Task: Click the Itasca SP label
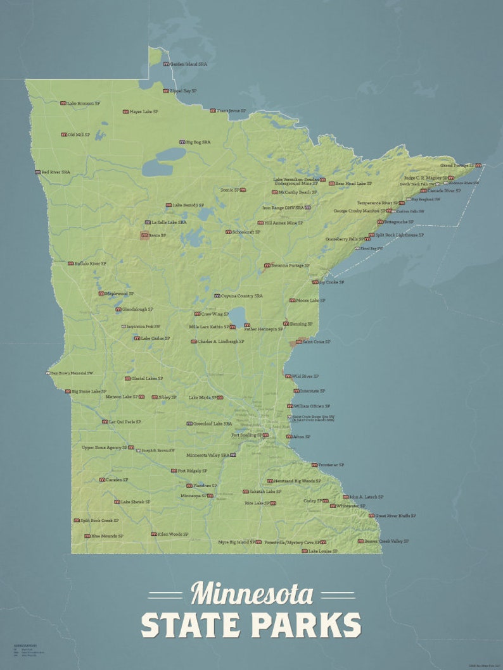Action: coord(158,235)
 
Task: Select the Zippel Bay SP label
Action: coord(183,91)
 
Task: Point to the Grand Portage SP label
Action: coord(457,165)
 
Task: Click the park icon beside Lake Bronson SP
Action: coord(63,103)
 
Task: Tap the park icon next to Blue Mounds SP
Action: coord(87,536)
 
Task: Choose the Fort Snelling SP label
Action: coord(246,435)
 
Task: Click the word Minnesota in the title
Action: coord(251,594)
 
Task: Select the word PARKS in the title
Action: coord(307,625)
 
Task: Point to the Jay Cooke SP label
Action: coord(331,282)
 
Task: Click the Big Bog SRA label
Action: coord(198,142)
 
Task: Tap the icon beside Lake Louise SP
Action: coord(305,552)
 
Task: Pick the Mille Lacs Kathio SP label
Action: coord(209,327)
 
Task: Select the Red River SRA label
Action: coord(56,172)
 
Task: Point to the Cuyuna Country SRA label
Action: coord(241,296)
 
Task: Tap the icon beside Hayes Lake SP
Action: coord(125,112)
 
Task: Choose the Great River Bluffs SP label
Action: coord(395,516)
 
